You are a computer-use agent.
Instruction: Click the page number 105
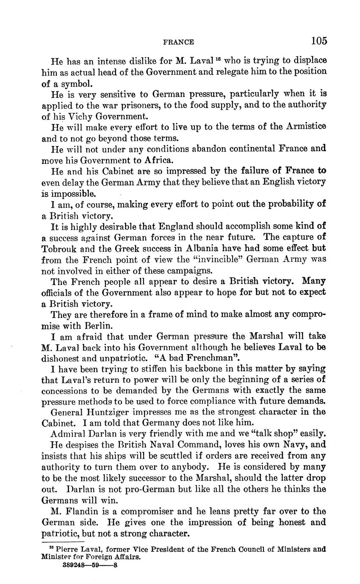[318, 41]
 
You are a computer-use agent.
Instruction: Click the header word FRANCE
[178, 42]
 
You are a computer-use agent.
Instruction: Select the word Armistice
[305, 127]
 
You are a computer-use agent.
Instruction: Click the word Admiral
[67, 433]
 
